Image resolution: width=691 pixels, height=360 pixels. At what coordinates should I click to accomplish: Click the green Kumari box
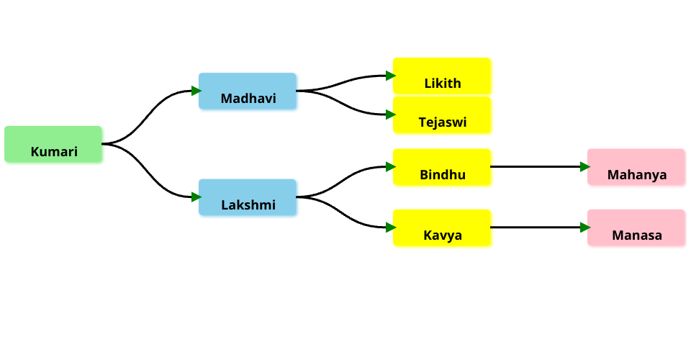pyautogui.click(x=53, y=144)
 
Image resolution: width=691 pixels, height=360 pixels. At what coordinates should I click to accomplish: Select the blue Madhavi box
pyautogui.click(x=248, y=91)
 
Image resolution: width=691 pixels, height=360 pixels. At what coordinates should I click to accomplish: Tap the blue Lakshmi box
pyautogui.click(x=248, y=197)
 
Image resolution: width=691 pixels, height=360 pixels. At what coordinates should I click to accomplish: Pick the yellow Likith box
pyautogui.click(x=442, y=76)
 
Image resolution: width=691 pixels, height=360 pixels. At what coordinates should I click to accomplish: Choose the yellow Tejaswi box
pyautogui.click(x=442, y=114)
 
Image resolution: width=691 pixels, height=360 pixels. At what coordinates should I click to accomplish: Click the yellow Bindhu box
pyautogui.click(x=442, y=167)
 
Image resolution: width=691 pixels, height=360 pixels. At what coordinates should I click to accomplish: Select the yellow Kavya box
pyautogui.click(x=442, y=228)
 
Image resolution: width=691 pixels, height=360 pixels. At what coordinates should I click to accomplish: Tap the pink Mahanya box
pyautogui.click(x=636, y=167)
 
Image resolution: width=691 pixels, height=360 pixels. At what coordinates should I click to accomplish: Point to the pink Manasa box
pyautogui.click(x=636, y=228)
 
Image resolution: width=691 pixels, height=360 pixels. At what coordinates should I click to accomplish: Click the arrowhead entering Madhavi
pyautogui.click(x=197, y=91)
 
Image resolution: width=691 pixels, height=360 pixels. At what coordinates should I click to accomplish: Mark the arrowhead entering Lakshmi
pyautogui.click(x=197, y=197)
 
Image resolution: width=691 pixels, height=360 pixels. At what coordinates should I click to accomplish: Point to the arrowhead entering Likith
pyautogui.click(x=391, y=76)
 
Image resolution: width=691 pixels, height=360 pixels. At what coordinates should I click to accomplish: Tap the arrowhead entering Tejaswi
pyautogui.click(x=391, y=114)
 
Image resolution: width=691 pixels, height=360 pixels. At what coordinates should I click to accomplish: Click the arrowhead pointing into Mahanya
pyautogui.click(x=585, y=167)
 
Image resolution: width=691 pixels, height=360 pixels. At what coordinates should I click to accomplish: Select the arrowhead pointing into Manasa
pyautogui.click(x=585, y=228)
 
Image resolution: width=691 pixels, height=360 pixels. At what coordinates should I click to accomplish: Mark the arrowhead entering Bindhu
pyautogui.click(x=391, y=167)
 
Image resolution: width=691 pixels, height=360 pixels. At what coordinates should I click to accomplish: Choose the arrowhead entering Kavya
pyautogui.click(x=391, y=228)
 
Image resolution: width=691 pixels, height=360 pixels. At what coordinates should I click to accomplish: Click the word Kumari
pyautogui.click(x=54, y=152)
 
